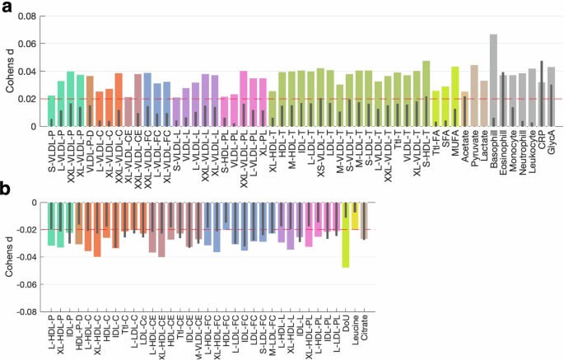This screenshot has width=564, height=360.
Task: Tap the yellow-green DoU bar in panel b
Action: (346, 235)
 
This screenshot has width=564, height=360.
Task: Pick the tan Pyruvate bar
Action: (474, 96)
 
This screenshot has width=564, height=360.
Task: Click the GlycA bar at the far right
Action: (551, 96)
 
